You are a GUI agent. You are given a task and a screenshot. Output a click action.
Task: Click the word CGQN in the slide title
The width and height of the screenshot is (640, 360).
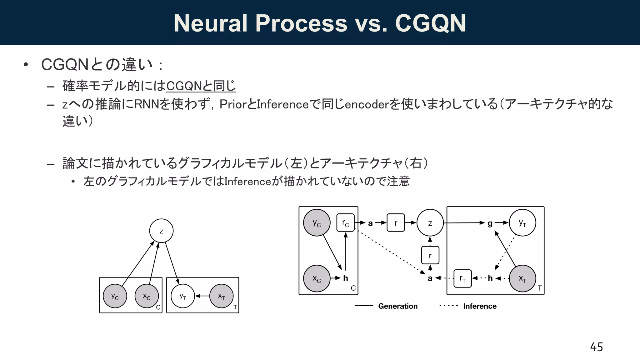430,23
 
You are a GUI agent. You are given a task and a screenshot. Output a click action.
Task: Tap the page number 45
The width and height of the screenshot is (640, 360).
596,347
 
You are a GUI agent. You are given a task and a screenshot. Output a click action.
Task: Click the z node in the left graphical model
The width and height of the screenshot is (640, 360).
161,231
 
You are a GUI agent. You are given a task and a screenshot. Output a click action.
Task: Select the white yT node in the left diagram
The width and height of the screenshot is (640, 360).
183,296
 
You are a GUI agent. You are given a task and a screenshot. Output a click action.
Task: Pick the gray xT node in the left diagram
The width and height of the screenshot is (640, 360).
221,296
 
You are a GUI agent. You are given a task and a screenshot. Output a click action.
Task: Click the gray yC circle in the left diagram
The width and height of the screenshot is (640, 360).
115,296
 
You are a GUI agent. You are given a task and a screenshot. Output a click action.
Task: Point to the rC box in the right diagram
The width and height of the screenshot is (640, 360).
345,223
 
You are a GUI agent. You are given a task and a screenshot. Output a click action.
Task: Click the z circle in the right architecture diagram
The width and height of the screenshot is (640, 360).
430,223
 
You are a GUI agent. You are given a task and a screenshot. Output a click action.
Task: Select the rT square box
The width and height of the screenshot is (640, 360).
462,278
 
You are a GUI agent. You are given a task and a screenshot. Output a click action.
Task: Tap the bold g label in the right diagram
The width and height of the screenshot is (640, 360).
490,223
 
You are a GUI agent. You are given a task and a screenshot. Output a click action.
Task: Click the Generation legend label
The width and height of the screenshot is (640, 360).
397,306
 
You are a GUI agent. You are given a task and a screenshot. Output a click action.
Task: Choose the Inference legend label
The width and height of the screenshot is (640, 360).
480,306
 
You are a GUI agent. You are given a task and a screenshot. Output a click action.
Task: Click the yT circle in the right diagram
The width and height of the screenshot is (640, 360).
522,223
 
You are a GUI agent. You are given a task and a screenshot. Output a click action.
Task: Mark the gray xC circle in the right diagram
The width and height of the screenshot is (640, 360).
317,278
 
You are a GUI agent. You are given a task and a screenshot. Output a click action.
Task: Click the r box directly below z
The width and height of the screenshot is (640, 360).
430,255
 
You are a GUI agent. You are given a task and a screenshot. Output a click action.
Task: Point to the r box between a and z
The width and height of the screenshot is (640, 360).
396,223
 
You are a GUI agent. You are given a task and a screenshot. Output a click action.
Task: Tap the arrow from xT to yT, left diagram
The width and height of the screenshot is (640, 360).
202,296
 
